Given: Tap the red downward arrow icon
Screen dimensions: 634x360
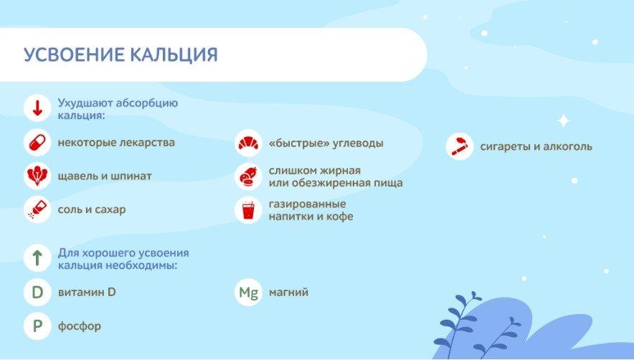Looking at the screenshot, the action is click(x=37, y=108).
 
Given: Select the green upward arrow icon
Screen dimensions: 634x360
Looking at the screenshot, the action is click(x=37, y=257).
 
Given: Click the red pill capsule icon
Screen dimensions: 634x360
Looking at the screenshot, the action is click(x=37, y=143).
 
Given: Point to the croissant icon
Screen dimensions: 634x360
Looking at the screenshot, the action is click(x=248, y=143).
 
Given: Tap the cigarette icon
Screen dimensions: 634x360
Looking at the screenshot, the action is click(x=459, y=146).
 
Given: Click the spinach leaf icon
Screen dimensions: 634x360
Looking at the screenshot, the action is click(x=37, y=176).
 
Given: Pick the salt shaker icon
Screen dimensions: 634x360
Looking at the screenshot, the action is click(x=37, y=209).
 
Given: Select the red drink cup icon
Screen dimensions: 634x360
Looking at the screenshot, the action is click(x=248, y=210).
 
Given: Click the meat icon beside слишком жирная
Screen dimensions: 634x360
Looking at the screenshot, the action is click(x=248, y=176).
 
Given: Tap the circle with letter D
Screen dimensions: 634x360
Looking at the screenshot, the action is click(x=37, y=292).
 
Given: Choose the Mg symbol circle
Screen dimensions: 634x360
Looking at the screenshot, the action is click(x=248, y=292).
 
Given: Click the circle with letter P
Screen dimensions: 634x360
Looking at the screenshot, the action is click(x=37, y=326).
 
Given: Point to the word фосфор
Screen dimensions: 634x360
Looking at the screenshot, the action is click(x=80, y=326).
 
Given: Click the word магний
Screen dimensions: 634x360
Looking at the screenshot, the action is click(x=289, y=292).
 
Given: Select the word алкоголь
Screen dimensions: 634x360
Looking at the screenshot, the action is click(x=568, y=146).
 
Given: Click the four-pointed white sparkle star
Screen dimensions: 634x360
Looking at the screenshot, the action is click(x=564, y=121).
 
